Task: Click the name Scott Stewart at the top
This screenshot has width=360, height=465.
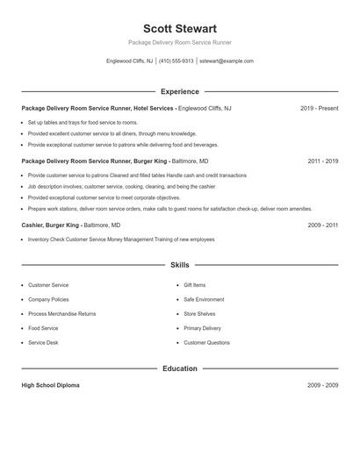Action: click(179, 28)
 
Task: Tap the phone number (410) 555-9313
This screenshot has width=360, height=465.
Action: click(176, 61)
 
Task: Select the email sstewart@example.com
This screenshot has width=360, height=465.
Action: click(227, 61)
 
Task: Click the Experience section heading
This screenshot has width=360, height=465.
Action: click(179, 91)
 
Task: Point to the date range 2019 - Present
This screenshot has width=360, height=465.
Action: click(319, 108)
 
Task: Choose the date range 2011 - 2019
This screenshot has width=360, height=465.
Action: click(322, 161)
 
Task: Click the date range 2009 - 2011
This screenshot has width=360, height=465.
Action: click(322, 225)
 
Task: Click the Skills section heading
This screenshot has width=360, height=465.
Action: click(179, 264)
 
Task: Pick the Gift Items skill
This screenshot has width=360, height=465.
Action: click(194, 285)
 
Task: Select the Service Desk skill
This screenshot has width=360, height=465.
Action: click(44, 342)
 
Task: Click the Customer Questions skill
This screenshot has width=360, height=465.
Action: click(206, 342)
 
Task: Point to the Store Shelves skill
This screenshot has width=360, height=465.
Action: click(199, 313)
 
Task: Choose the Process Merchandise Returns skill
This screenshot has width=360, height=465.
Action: click(61, 313)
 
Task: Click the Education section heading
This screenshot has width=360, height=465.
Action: click(179, 368)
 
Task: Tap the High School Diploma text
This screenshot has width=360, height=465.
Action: click(50, 385)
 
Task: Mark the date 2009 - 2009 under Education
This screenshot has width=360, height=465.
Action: click(322, 385)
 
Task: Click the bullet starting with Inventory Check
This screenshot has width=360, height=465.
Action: click(120, 239)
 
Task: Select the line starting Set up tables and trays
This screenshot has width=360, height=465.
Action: click(83, 122)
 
